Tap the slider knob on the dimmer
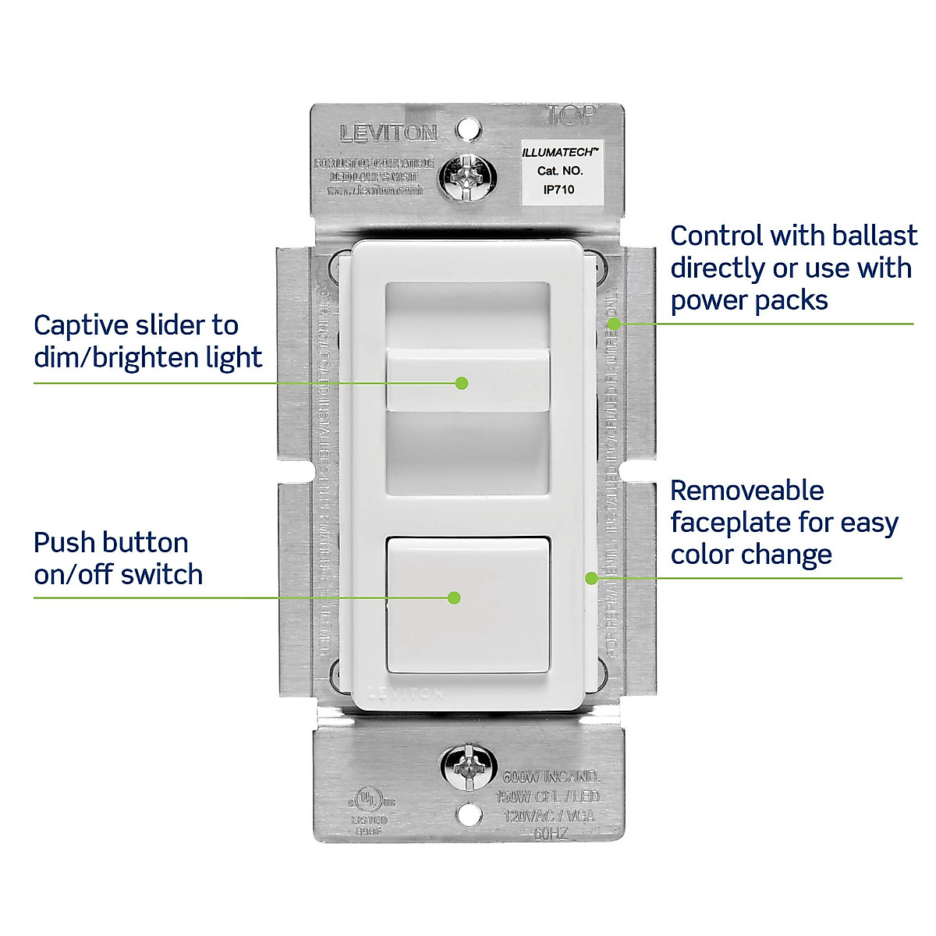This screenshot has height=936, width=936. (468, 381)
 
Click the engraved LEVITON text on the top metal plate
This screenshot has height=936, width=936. (388, 133)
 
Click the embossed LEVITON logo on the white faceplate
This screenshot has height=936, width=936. (406, 693)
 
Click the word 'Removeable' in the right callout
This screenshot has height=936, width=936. (746, 491)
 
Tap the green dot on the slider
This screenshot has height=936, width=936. (462, 383)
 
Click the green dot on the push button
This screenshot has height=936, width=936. (454, 598)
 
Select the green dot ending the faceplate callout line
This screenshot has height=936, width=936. (591, 578)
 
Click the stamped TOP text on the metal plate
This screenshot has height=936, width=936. (572, 115)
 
